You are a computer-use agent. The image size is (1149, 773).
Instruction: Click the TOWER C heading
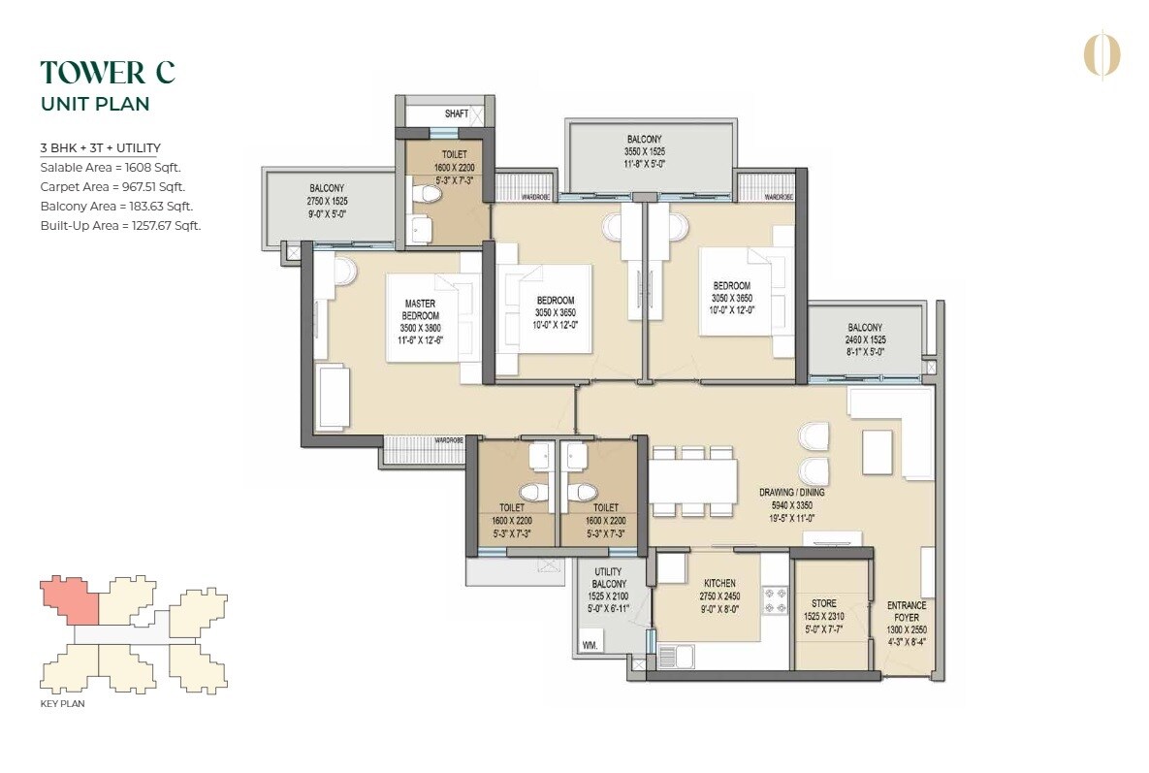click(108, 73)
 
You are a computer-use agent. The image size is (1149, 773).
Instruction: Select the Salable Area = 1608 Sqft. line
click(111, 168)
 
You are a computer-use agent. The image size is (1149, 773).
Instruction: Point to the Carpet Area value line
click(112, 187)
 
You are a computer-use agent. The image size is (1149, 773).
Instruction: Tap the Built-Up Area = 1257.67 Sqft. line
click(120, 226)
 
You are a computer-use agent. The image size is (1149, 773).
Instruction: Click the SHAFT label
click(457, 113)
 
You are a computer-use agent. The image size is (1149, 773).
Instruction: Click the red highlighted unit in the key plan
click(70, 600)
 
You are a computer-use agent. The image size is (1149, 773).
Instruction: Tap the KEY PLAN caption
click(62, 704)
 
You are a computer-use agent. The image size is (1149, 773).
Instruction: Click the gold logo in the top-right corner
click(1101, 54)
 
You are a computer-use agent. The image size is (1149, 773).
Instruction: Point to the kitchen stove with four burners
click(775, 600)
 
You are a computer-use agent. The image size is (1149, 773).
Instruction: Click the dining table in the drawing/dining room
click(693, 480)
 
